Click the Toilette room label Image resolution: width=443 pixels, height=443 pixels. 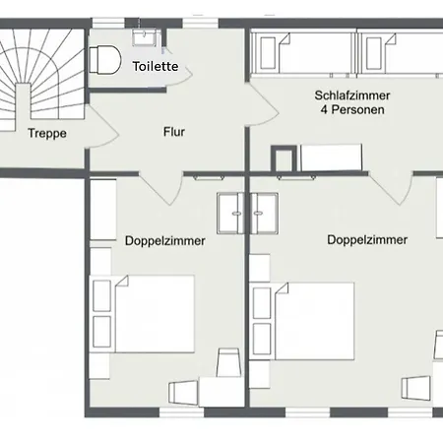tap(156, 66)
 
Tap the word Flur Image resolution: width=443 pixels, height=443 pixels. tap(174, 132)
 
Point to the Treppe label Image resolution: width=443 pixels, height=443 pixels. tap(47, 133)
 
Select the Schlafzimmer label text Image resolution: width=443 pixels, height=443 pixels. tap(352, 95)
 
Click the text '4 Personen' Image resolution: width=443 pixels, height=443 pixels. tap(352, 109)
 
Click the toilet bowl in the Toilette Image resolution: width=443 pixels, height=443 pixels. tap(105, 60)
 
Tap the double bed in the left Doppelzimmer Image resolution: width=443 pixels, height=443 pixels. tap(155, 314)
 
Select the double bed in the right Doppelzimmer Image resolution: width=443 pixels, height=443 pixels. tap(314, 321)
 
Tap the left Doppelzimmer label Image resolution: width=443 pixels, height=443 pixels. tap(165, 241)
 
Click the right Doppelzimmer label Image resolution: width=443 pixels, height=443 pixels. tap(367, 239)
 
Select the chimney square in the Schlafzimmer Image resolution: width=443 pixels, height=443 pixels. tap(284, 158)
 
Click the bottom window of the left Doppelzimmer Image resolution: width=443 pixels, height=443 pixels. tap(181, 412)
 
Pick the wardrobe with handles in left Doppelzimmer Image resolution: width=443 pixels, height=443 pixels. tap(230, 214)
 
